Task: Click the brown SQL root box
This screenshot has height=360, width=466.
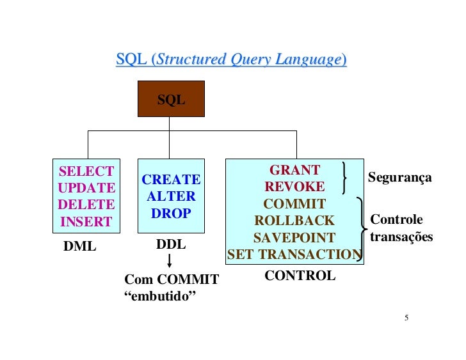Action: [x=171, y=99]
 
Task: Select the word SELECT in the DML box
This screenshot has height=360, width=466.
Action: [x=86, y=171]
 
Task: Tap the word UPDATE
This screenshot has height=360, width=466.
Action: [x=86, y=188]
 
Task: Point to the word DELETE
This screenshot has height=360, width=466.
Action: [x=86, y=205]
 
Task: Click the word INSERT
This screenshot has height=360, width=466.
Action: [x=86, y=223]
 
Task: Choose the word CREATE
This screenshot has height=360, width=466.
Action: [x=171, y=180]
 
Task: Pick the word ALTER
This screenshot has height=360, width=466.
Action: [x=171, y=197]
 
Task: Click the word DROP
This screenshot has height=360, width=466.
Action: [x=171, y=214]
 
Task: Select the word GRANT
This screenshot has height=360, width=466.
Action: [x=294, y=170]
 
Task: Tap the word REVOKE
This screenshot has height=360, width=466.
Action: [x=294, y=187]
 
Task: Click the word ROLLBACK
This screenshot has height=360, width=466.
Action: [x=294, y=221]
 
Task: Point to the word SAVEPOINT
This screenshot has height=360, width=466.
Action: [x=294, y=238]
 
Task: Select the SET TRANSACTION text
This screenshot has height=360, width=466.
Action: [x=294, y=254]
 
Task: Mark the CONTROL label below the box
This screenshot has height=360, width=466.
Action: [x=300, y=276]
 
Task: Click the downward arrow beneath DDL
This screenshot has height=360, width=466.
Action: [x=170, y=262]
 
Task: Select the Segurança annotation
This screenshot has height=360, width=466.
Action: [x=399, y=177]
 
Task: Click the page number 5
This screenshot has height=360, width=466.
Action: [x=406, y=318]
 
